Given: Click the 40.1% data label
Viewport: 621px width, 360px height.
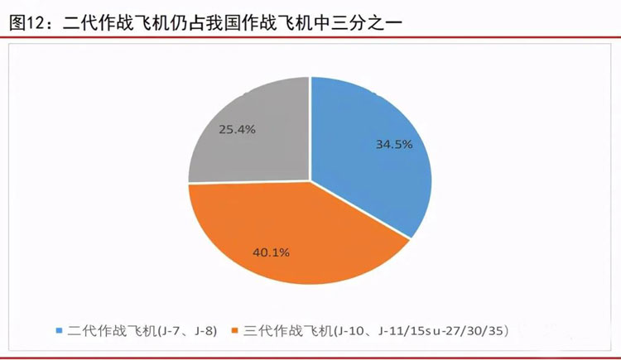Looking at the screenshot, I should (270, 252).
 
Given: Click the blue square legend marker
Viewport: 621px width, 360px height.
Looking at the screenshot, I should (60, 331).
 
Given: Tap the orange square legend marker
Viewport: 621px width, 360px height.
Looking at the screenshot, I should (236, 331).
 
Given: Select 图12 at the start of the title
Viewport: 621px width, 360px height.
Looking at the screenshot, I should (26, 23).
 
